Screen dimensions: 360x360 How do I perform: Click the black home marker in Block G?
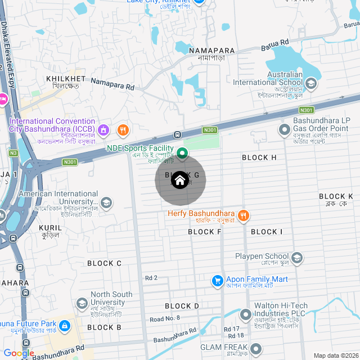pos(180,181)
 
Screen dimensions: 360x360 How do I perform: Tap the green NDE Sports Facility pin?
pos(182,153)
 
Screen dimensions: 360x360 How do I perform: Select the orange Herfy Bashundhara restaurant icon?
pos(243,215)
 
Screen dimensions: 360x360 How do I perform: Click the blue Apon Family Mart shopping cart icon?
pos(217,280)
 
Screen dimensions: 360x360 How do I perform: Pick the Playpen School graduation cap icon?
pos(297,258)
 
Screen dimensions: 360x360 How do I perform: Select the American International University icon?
pos(106,202)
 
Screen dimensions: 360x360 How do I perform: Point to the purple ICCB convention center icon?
pos(103,131)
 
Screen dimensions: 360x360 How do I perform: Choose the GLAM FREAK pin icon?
pos(256,348)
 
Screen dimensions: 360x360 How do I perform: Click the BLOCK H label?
pos(259,157)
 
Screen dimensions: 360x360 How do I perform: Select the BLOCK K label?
pos(335,196)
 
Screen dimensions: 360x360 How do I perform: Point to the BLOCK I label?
pos(267,232)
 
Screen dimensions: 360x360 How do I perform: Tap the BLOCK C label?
pos(104,263)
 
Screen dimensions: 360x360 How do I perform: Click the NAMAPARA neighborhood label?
pos(211,51)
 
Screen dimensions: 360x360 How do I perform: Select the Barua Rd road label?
pos(276,42)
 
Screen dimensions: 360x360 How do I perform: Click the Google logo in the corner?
pos(19,353)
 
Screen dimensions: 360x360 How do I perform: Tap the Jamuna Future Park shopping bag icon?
pos(65,326)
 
